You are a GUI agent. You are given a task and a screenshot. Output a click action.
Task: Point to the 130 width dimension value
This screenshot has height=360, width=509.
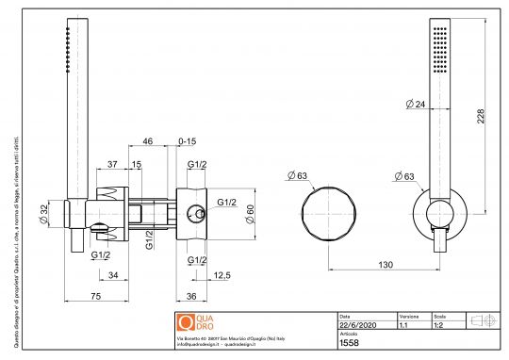[386, 266]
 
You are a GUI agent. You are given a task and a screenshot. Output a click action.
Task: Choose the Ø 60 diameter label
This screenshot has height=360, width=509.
[249, 215]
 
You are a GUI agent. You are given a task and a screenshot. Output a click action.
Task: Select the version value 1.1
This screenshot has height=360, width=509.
[403, 325]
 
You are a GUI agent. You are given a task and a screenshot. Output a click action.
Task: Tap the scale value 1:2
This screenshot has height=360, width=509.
[439, 325]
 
